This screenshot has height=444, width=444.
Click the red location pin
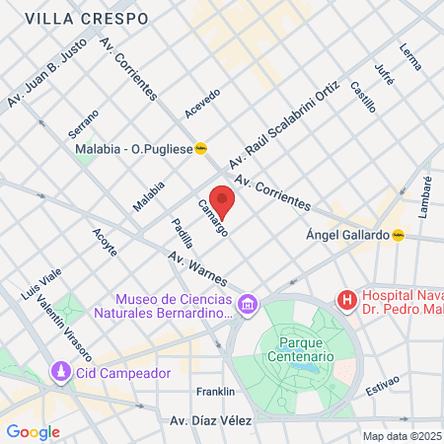point(223,200)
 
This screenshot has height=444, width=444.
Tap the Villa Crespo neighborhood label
point(87,19)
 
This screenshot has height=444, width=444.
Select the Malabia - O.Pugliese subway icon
point(200,149)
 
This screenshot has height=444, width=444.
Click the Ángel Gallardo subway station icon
point(399,235)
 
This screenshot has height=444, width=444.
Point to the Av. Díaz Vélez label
point(212,420)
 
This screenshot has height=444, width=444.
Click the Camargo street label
point(213,217)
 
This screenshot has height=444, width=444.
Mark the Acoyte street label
point(105,241)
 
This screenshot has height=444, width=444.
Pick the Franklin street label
point(215,391)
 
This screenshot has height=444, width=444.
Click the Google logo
point(33,431)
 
